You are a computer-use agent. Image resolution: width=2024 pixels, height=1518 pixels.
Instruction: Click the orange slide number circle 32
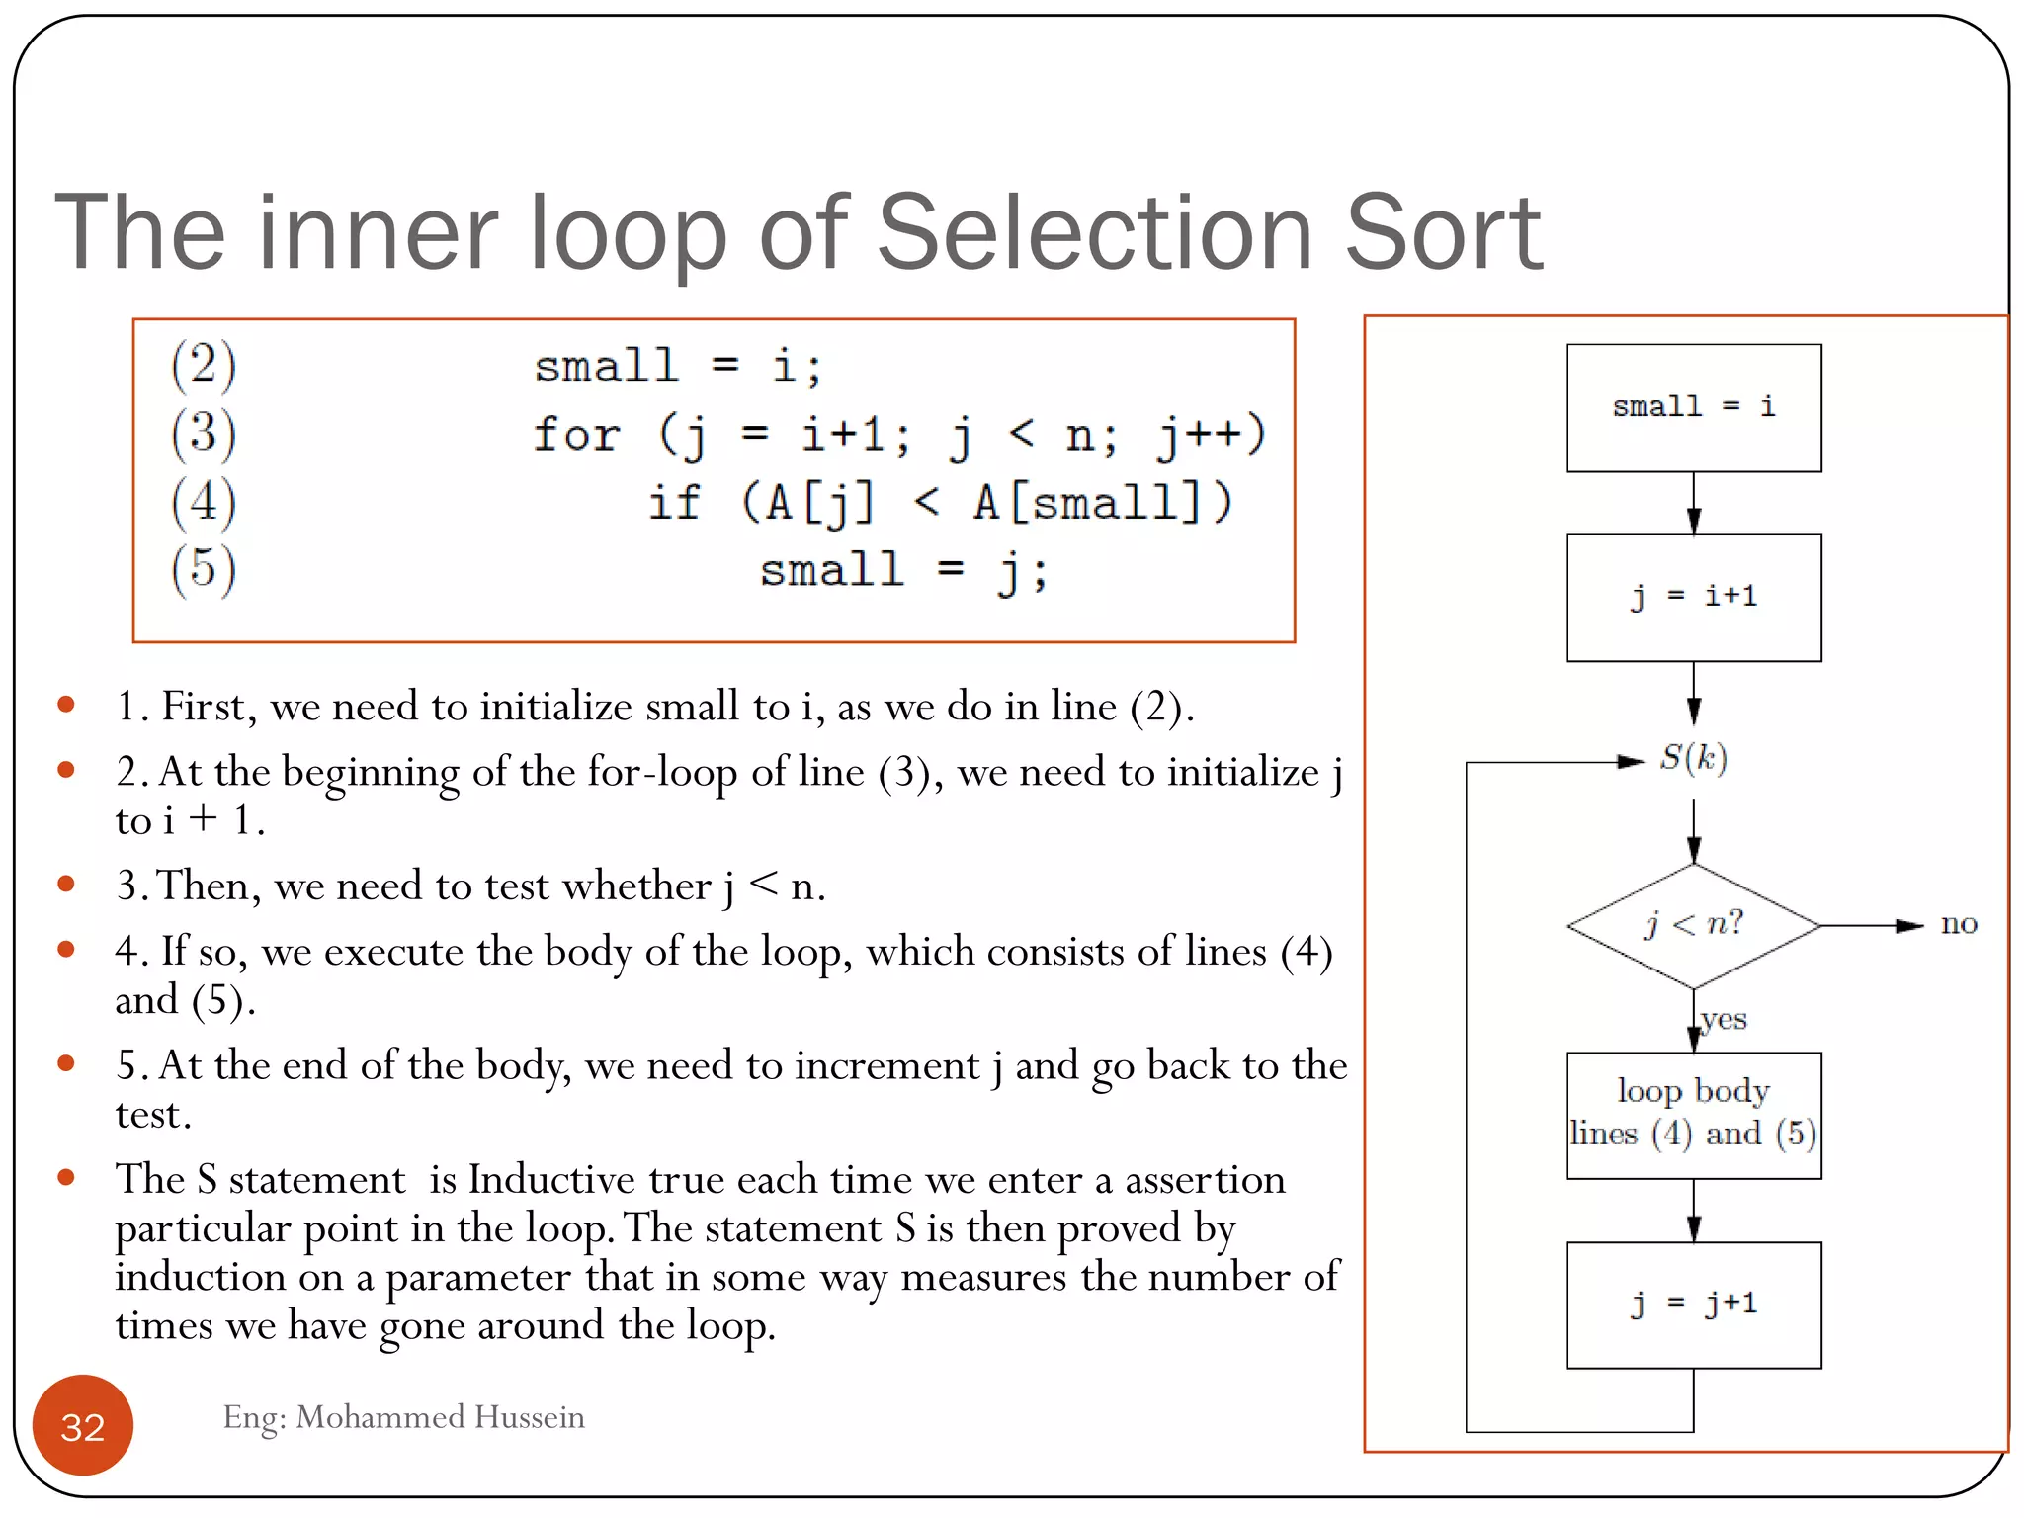pyautogui.click(x=83, y=1425)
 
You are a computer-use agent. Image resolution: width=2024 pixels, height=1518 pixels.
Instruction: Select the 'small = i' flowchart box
pyautogui.click(x=1693, y=407)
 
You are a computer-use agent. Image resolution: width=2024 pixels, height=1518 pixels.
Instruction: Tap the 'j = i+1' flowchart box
pyautogui.click(x=1693, y=597)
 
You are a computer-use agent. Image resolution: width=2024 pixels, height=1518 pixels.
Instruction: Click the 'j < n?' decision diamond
pyautogui.click(x=1693, y=925)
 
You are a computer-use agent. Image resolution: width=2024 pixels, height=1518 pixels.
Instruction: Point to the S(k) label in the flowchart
pyautogui.click(x=1693, y=758)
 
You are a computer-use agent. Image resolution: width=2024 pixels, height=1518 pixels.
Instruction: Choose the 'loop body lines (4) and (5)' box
pyautogui.click(x=1693, y=1115)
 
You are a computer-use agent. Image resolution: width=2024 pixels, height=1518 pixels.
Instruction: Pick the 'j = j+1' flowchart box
pyautogui.click(x=1693, y=1305)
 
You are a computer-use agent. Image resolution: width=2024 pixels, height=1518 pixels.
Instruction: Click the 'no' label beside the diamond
pyautogui.click(x=1958, y=925)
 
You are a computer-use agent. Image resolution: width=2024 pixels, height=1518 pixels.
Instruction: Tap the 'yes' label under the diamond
pyautogui.click(x=1724, y=1019)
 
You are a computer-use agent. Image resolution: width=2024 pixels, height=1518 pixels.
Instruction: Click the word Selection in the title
pyautogui.click(x=1095, y=233)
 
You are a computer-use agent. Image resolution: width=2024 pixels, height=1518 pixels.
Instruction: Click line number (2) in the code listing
pyautogui.click(x=204, y=365)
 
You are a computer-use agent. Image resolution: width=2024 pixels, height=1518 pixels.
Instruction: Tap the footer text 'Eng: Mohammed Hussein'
pyautogui.click(x=403, y=1417)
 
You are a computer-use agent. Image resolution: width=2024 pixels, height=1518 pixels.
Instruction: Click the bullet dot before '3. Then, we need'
pyautogui.click(x=66, y=884)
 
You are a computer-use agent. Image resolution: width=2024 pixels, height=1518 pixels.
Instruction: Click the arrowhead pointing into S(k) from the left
pyautogui.click(x=1631, y=761)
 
